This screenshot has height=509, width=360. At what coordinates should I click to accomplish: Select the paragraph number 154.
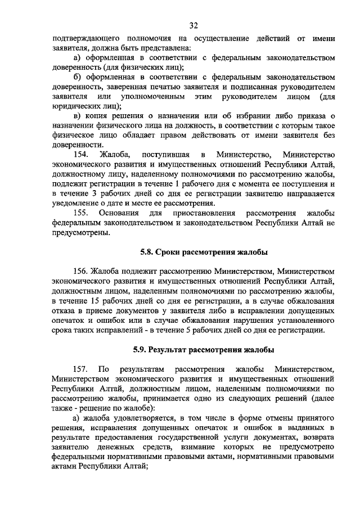83,155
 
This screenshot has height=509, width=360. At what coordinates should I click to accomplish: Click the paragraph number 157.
83,368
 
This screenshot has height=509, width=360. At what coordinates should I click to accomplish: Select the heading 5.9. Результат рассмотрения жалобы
204,350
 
